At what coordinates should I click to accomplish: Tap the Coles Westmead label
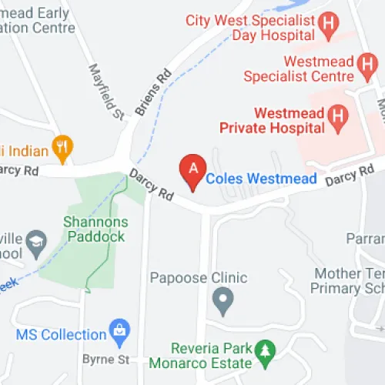pyautogui.click(x=262, y=179)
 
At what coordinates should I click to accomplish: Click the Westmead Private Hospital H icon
pyautogui.click(x=336, y=118)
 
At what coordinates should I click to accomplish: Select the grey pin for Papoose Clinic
pyautogui.click(x=223, y=300)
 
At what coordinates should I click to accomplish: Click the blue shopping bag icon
pyautogui.click(x=120, y=333)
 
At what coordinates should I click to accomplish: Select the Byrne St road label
pyautogui.click(x=102, y=360)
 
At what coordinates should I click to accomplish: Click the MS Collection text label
pyautogui.click(x=61, y=335)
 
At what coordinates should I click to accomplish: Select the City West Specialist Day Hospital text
pyautogui.click(x=252, y=28)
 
